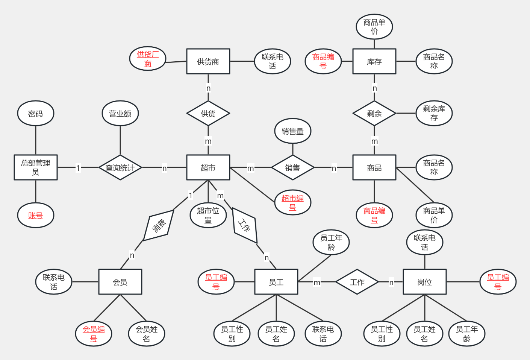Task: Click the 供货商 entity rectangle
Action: [208, 61]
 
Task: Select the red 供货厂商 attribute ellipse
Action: [148, 59]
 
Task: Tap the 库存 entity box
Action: [374, 61]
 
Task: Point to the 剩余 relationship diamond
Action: [374, 113]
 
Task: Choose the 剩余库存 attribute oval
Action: [434, 113]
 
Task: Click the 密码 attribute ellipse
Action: [36, 113]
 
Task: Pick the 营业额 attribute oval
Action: [120, 113]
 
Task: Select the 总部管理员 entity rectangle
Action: [36, 167]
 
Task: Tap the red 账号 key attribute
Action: [36, 216]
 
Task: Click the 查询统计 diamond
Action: [120, 167]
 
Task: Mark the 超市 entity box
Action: [208, 167]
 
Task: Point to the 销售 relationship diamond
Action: [292, 167]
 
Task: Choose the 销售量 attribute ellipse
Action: [292, 131]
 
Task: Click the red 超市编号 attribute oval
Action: [292, 202]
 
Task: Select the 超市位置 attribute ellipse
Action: [208, 216]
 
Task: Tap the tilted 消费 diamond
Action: [159, 226]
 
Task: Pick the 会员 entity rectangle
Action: [120, 282]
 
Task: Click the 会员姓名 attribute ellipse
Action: [147, 334]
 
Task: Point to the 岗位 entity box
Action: [424, 282]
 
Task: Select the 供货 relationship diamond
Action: [208, 113]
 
